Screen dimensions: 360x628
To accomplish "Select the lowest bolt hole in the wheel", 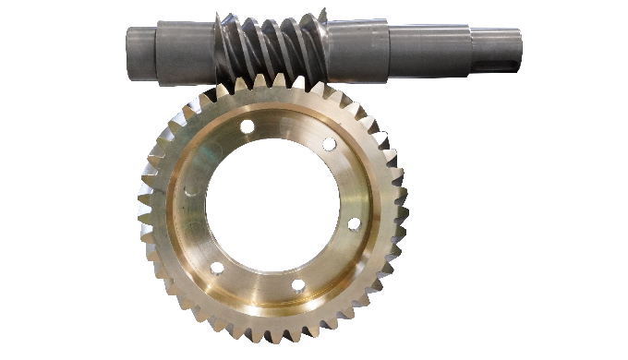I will point(298,285).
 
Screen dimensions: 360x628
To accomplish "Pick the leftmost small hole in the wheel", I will point(190,192).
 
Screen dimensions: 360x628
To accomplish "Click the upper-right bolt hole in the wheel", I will point(329,144).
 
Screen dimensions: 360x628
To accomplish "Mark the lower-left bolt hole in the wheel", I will point(217,269).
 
